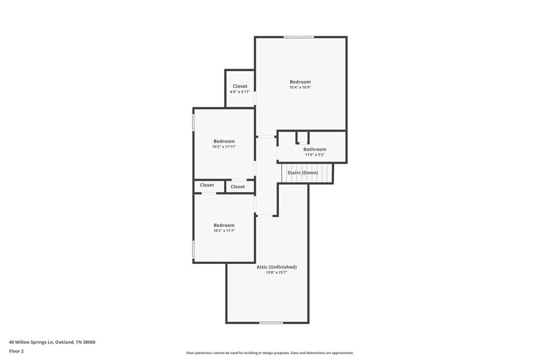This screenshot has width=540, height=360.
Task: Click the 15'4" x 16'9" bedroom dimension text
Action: point(300,87)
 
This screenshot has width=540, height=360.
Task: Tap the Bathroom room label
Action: point(314,150)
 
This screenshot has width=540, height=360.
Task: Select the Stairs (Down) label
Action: point(302,173)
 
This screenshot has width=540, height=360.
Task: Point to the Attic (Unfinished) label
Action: point(276,267)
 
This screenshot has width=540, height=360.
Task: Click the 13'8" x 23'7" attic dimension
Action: point(276,273)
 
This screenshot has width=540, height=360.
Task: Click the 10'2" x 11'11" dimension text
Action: point(224,147)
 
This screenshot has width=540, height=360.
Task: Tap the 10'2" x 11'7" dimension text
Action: point(224,230)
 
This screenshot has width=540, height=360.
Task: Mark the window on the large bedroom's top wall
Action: point(299,37)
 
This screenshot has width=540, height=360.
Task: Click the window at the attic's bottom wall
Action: point(271,323)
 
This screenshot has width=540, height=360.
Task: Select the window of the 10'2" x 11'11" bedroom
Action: point(194,123)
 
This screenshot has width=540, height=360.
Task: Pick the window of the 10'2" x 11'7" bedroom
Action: point(194,249)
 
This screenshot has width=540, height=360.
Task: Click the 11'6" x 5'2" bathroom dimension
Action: point(314,155)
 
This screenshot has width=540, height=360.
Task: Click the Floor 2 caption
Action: point(16,351)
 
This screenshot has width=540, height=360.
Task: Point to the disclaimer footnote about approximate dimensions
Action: point(270,353)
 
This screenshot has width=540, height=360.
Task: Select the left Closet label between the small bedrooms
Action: point(207,185)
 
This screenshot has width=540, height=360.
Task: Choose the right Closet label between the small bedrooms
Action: point(238,187)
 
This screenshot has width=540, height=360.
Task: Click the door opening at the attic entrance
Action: point(265,216)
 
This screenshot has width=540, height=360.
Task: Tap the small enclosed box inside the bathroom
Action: point(302,137)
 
